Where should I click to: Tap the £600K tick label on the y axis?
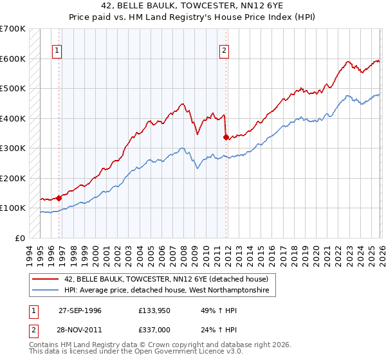coord(13,59)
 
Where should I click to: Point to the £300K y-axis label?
coord(13,148)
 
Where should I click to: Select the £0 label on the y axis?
coord(21,238)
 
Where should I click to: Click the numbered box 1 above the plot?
coord(57,51)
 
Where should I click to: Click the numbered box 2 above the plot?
coord(224,51)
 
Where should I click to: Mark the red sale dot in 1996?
coord(59,198)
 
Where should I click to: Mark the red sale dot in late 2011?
coord(226,137)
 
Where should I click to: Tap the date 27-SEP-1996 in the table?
coord(80,310)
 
